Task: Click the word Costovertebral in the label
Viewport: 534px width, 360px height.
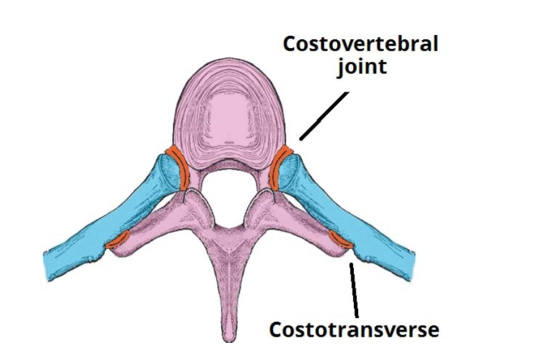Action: (360, 45)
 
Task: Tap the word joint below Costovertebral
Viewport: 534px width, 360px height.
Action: (362, 66)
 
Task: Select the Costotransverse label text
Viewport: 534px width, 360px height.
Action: (354, 329)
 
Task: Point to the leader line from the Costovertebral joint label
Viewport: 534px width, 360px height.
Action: (324, 115)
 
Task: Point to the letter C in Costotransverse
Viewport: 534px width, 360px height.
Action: (275, 329)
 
